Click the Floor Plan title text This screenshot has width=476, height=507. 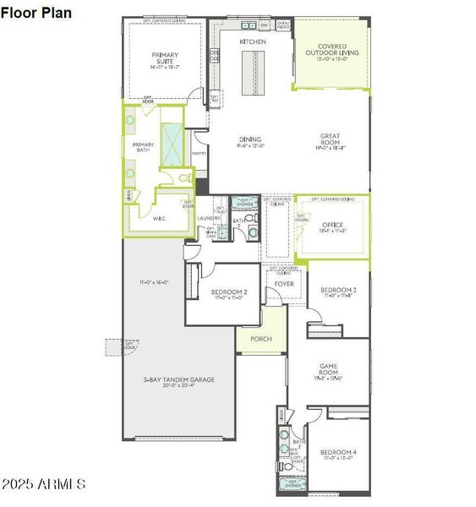coord(37,13)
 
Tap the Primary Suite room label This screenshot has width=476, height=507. coord(165,59)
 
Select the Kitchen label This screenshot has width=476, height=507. coord(252,41)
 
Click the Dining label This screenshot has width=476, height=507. coord(250,139)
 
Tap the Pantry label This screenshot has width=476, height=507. coord(199,153)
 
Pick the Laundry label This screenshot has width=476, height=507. coord(209,218)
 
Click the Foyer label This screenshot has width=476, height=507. coord(285,285)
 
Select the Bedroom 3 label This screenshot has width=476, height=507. coord(337,291)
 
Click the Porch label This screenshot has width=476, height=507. coord(260,340)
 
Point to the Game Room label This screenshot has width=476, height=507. coord(328,369)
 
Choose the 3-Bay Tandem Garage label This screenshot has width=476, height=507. coord(178,380)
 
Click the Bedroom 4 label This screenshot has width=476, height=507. coord(339,453)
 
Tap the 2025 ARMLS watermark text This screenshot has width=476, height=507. coord(45,484)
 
